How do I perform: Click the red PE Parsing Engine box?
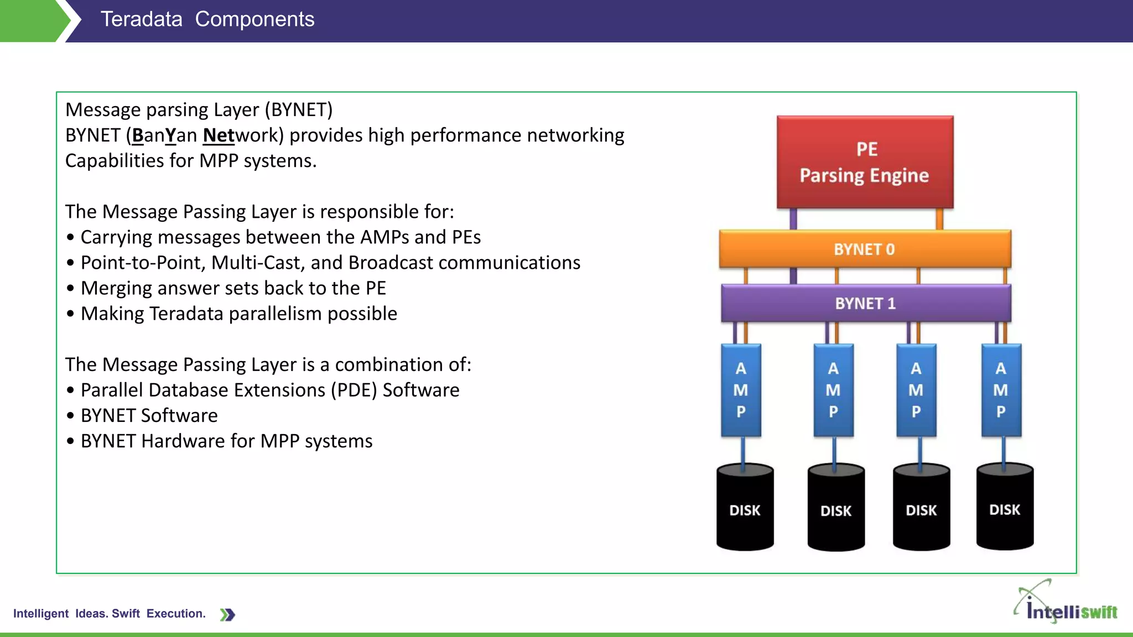pos(865,162)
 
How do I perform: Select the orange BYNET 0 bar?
pos(865,249)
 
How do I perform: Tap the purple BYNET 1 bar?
pos(866,303)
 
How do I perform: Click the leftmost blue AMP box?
pos(741,390)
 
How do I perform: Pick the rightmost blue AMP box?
pos(1001,390)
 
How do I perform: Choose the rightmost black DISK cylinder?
pos(1005,508)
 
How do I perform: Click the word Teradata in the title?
pos(141,19)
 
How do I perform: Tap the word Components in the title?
pos(254,19)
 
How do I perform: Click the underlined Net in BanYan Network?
pos(219,135)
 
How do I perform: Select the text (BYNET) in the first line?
pos(299,110)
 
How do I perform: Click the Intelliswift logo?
pos(1066,604)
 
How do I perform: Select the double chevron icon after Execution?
pos(227,614)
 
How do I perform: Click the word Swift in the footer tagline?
pos(126,614)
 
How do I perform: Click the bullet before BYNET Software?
pos(70,416)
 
